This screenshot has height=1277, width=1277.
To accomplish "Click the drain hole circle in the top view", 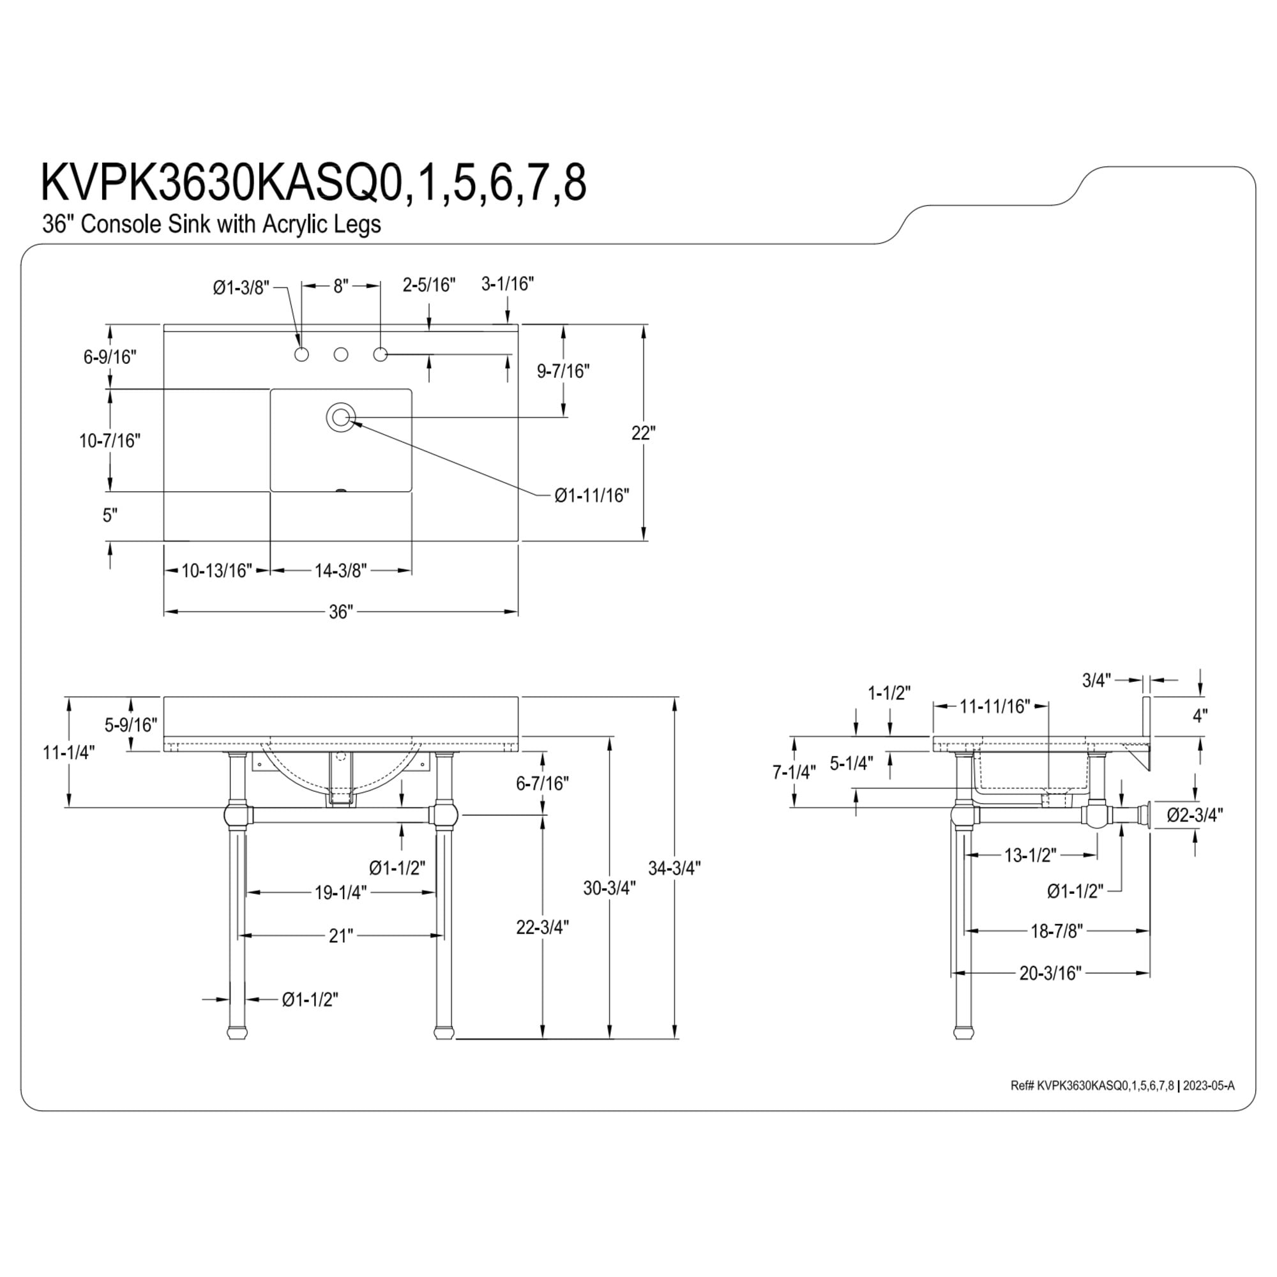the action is point(340,417).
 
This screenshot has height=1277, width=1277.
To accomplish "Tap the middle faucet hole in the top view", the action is point(340,355).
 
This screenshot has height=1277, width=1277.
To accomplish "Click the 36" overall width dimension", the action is point(341,612).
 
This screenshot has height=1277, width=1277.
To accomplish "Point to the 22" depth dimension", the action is point(643,433).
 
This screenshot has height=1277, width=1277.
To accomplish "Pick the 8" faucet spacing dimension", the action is point(340,286).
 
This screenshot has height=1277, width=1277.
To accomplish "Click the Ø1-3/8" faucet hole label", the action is point(241,287).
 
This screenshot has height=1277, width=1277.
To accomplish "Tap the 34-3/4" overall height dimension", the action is point(674,868).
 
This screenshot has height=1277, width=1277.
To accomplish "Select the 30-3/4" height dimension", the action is point(609,888).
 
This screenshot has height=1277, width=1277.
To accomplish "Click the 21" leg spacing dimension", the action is point(341,935).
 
